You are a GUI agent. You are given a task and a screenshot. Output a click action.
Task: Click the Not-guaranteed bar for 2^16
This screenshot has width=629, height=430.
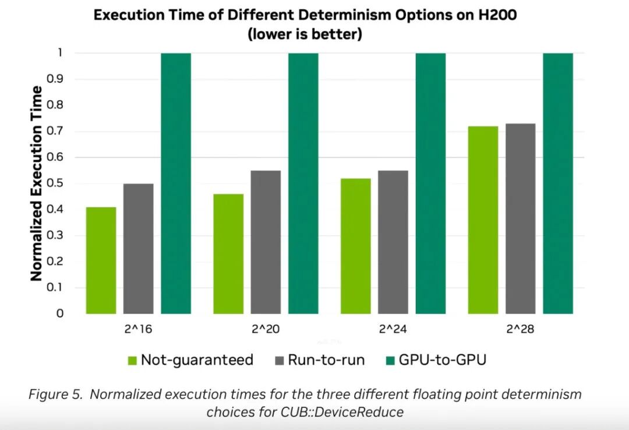pos(101,260)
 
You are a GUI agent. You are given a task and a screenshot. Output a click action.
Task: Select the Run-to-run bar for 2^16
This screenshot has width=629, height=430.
pos(139,249)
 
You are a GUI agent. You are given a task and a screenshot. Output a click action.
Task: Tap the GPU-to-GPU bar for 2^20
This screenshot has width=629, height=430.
pos(303,184)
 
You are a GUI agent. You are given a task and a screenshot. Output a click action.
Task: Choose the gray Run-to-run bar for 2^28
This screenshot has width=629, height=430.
pos(521,218)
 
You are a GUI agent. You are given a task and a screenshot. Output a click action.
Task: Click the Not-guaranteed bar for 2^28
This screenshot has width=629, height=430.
pos(483,220)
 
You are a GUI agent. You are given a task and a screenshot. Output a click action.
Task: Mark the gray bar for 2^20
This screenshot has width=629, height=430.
pos(266,242)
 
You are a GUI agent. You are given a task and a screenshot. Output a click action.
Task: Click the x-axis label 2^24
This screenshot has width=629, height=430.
pos(393,330)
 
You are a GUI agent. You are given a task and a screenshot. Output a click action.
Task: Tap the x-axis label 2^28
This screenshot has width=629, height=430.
pos(521,330)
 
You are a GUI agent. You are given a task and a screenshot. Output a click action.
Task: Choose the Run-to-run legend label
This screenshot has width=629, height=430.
pos(327,360)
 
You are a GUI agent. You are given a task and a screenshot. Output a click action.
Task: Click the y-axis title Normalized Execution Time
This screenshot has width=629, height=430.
pos(37,184)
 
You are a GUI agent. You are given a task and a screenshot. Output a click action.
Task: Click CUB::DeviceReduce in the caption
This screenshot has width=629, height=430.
pos(352,412)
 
